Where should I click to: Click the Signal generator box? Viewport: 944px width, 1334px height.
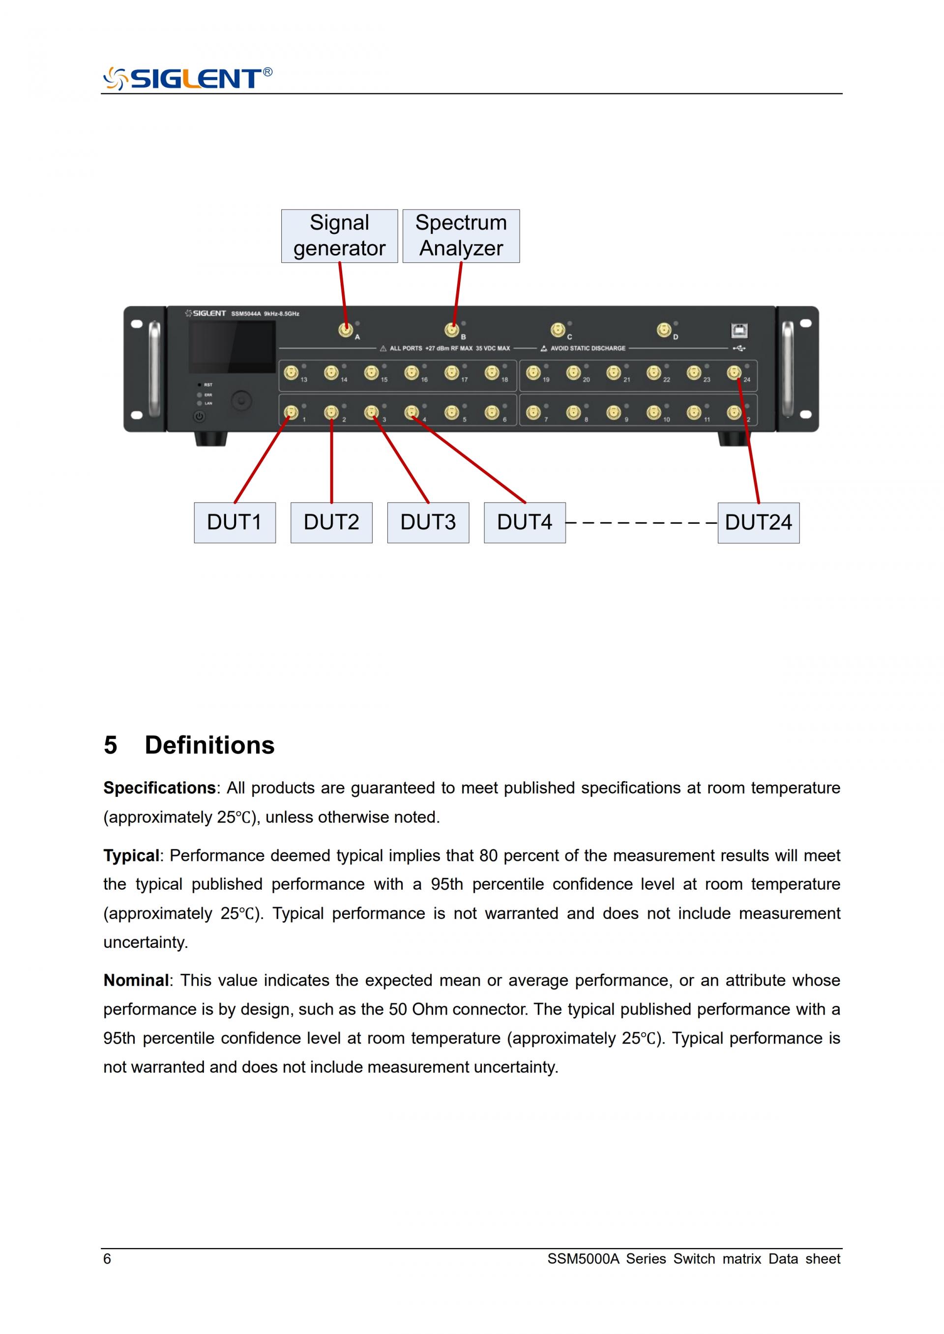pyautogui.click(x=339, y=236)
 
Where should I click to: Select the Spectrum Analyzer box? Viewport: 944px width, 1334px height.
pyautogui.click(x=461, y=236)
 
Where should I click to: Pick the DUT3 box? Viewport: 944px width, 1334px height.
pyautogui.click(x=428, y=522)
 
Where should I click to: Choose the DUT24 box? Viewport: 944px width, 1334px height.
pyautogui.click(x=758, y=522)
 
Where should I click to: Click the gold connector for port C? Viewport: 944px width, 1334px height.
pyautogui.click(x=558, y=330)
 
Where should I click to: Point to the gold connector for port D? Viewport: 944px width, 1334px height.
pyautogui.click(x=664, y=330)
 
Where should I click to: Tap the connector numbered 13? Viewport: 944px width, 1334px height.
pyautogui.click(x=291, y=372)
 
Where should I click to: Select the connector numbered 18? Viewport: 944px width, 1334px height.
pyautogui.click(x=492, y=372)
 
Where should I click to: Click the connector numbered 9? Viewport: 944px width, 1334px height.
pyautogui.click(x=613, y=412)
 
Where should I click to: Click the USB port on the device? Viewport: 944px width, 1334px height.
pyautogui.click(x=739, y=331)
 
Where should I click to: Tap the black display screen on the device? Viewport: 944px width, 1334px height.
pyautogui.click(x=232, y=347)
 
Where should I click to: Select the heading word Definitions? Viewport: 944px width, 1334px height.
pyautogui.click(x=209, y=745)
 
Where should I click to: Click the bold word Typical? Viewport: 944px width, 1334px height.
pyautogui.click(x=131, y=856)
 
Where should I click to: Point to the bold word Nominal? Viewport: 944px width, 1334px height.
pyautogui.click(x=136, y=981)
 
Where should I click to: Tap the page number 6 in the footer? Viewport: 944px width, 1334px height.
pyautogui.click(x=107, y=1259)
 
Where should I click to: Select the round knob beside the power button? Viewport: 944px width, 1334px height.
pyautogui.click(x=242, y=400)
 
